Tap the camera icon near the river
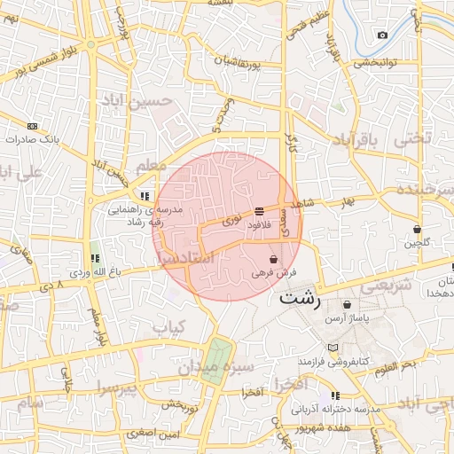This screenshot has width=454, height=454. [382, 35]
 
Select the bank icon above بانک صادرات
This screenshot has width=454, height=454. [33, 126]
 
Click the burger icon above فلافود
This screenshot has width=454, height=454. [259, 212]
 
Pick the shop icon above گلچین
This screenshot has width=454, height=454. [417, 230]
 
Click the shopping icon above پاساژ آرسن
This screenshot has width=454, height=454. [346, 304]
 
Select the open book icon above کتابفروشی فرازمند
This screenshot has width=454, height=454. [333, 348]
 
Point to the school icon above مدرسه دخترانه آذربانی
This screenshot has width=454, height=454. [334, 395]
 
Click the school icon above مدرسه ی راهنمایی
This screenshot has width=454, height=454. [144, 197]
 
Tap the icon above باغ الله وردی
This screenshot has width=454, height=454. [95, 258]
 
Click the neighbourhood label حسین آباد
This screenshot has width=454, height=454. [136, 101]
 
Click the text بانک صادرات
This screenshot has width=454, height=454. [31, 141]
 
